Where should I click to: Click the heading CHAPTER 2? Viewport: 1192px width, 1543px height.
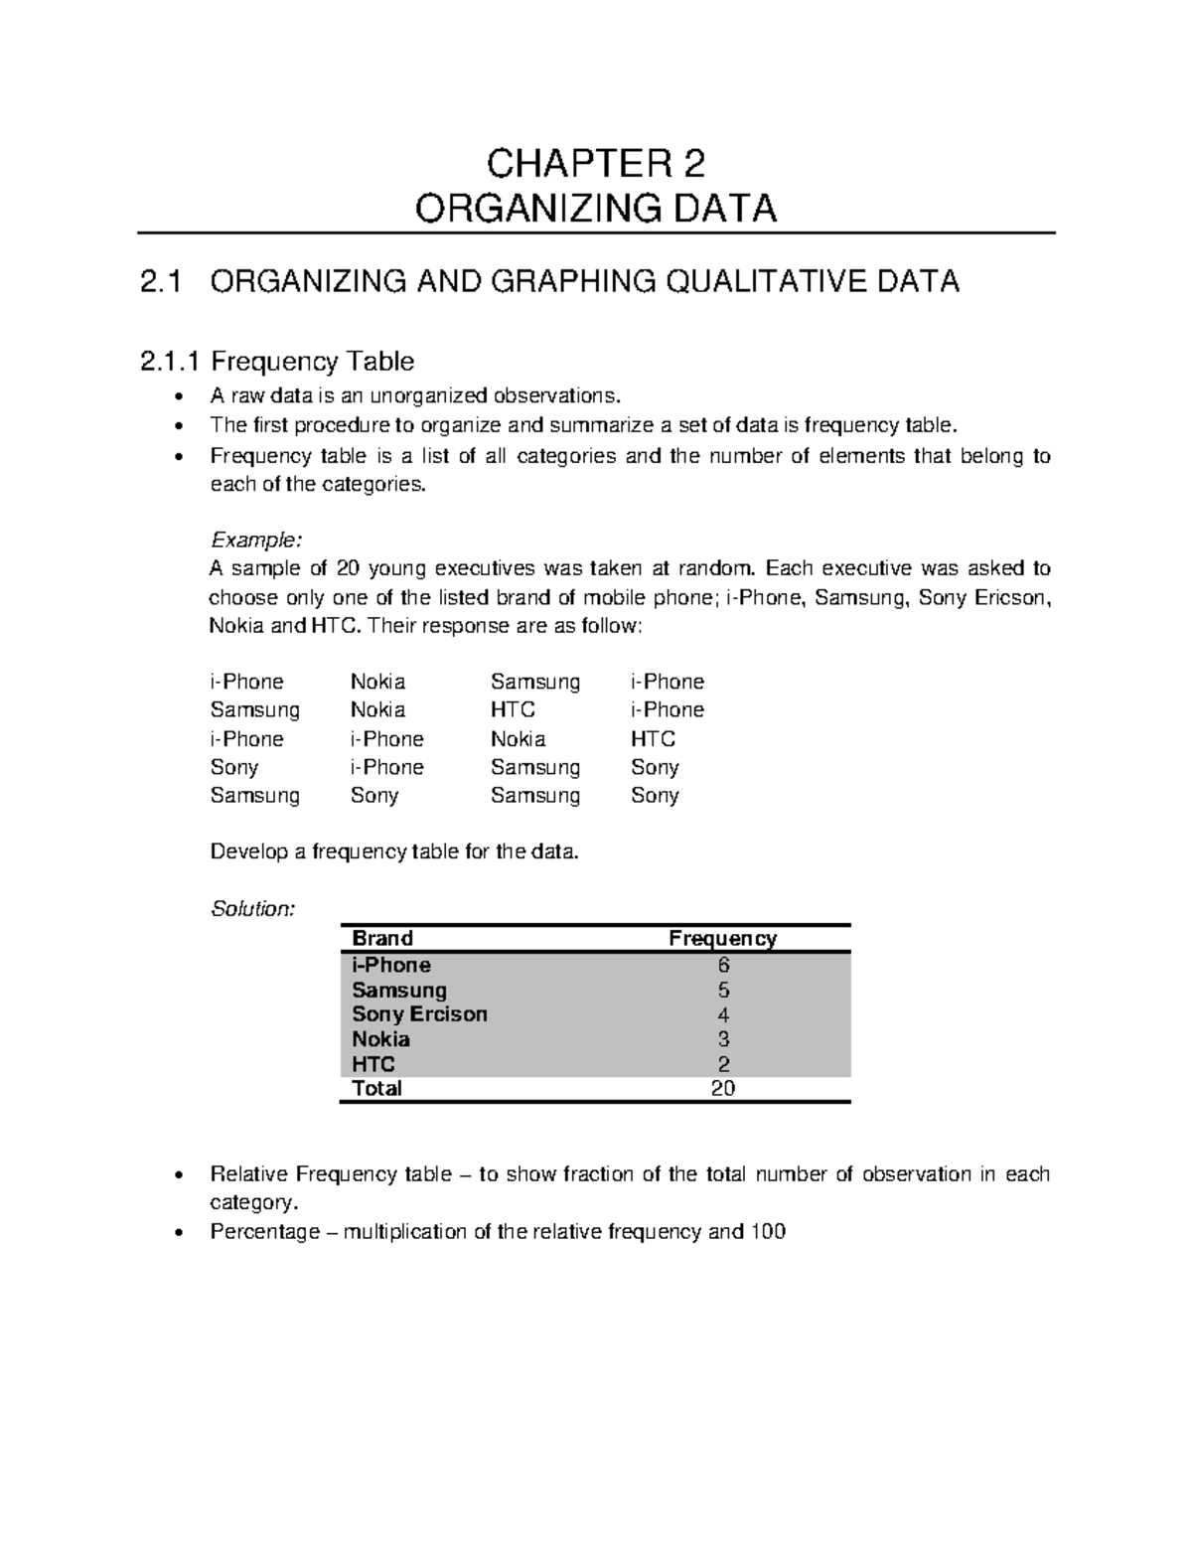(x=595, y=162)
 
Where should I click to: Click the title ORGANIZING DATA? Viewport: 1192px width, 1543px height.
(x=595, y=209)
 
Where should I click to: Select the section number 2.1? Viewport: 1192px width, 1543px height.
(x=161, y=282)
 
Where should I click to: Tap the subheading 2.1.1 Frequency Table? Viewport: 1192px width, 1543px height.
(x=276, y=361)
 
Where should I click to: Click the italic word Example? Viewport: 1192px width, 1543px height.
(x=254, y=540)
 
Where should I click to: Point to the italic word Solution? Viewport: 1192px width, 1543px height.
(x=252, y=909)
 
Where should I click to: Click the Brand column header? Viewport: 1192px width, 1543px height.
(x=382, y=938)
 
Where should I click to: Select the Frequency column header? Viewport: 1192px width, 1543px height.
(x=722, y=938)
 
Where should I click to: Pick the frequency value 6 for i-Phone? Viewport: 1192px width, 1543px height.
(x=723, y=965)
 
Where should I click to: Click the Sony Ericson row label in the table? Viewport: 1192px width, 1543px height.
(x=419, y=1014)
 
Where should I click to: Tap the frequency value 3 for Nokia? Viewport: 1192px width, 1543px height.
(x=723, y=1039)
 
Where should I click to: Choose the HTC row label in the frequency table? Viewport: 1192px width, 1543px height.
(x=373, y=1064)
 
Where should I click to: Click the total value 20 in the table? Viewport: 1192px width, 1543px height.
(x=723, y=1088)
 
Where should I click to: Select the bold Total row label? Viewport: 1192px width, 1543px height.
(x=376, y=1088)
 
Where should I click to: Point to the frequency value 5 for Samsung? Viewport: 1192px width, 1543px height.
(x=723, y=990)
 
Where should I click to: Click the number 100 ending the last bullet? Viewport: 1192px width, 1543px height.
(x=768, y=1232)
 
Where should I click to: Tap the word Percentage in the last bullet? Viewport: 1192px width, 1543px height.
(x=264, y=1232)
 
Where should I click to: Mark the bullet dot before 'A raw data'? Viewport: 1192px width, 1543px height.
(x=178, y=397)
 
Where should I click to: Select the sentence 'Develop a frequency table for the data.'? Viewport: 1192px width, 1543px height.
(x=393, y=851)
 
